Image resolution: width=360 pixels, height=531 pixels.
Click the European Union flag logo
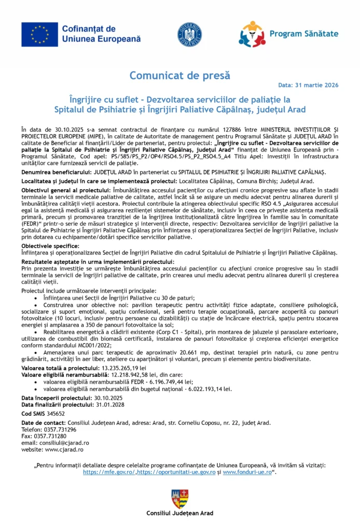(39, 34)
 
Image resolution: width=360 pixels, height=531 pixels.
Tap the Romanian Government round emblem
(189, 34)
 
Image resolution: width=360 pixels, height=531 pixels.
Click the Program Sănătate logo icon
(252, 34)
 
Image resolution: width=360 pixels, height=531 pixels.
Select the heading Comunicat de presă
(179, 75)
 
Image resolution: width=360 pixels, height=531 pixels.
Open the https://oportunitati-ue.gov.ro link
(176, 472)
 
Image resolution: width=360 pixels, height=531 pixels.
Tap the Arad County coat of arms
(179, 499)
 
